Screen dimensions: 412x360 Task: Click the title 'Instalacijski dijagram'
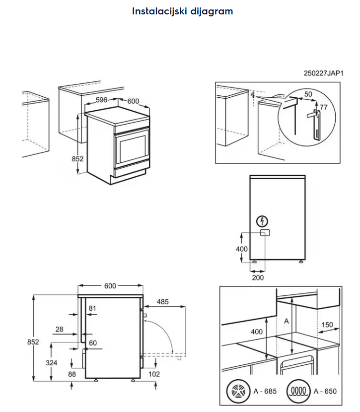click(x=182, y=11)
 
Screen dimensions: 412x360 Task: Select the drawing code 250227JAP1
click(x=323, y=73)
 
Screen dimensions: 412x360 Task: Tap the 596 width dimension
click(x=101, y=100)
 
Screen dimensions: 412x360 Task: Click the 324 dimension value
click(x=52, y=363)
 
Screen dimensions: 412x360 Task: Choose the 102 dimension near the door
click(x=154, y=374)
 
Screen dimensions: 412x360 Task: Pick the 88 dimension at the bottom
click(x=72, y=374)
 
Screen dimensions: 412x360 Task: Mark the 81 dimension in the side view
click(x=92, y=309)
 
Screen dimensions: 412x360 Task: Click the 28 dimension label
click(x=60, y=329)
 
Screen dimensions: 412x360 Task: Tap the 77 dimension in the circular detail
click(x=323, y=107)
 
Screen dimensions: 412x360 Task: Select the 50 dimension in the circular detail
click(x=308, y=94)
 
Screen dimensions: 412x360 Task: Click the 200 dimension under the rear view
click(x=258, y=277)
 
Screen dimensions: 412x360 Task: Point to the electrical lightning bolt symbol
click(x=263, y=221)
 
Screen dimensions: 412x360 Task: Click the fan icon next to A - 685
click(x=237, y=391)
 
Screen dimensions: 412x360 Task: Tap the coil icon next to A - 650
click(x=298, y=391)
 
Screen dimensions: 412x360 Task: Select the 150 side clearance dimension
click(x=327, y=325)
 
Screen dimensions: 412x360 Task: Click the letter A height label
click(x=286, y=321)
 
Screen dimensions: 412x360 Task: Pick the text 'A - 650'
click(x=325, y=391)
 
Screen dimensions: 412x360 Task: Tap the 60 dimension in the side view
click(x=92, y=343)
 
